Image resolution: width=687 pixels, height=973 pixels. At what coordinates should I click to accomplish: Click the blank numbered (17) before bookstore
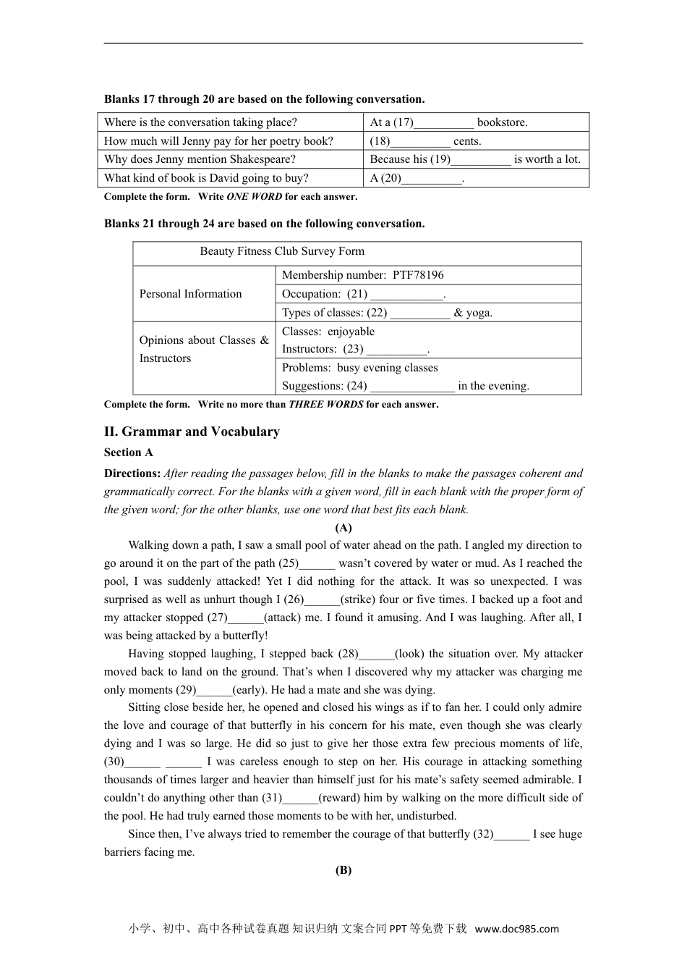pos(444,123)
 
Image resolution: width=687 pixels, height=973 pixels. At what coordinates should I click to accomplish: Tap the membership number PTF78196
pos(418,275)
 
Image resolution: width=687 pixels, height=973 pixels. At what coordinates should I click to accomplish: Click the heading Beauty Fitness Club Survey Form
pos(282,251)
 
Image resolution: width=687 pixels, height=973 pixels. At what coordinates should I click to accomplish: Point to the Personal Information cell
pos(190,294)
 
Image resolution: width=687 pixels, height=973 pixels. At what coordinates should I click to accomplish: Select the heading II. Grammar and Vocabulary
pos(192,431)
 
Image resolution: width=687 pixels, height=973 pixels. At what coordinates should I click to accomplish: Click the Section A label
pos(128,452)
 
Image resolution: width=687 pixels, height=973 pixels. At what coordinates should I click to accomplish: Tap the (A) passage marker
pos(343,528)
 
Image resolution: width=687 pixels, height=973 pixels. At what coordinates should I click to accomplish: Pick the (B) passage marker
pos(343,870)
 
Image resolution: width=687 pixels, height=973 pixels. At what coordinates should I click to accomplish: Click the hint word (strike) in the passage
pos(357,599)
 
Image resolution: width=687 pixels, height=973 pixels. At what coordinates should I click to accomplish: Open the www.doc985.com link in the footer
pos(516,929)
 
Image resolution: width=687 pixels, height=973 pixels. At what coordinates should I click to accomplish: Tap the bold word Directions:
pos(132,473)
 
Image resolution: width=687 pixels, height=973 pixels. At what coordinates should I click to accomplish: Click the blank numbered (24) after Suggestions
pos(413,387)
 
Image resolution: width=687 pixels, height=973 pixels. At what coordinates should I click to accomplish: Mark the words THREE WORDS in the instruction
pos(325,405)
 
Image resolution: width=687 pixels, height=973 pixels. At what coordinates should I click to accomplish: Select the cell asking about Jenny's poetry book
pos(219,141)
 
